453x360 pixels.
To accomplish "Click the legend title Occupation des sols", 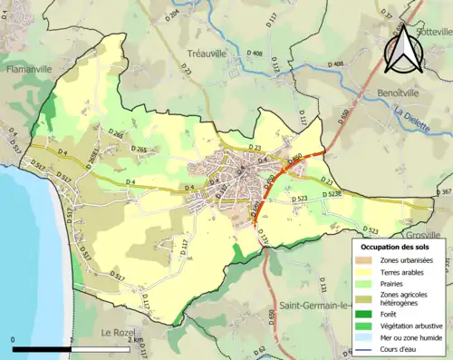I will click(x=397, y=246).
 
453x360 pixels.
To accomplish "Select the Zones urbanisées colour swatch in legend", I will click(x=366, y=260).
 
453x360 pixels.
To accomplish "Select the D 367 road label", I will click(x=443, y=192).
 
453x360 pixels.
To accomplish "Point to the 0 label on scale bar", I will click(x=14, y=340).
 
